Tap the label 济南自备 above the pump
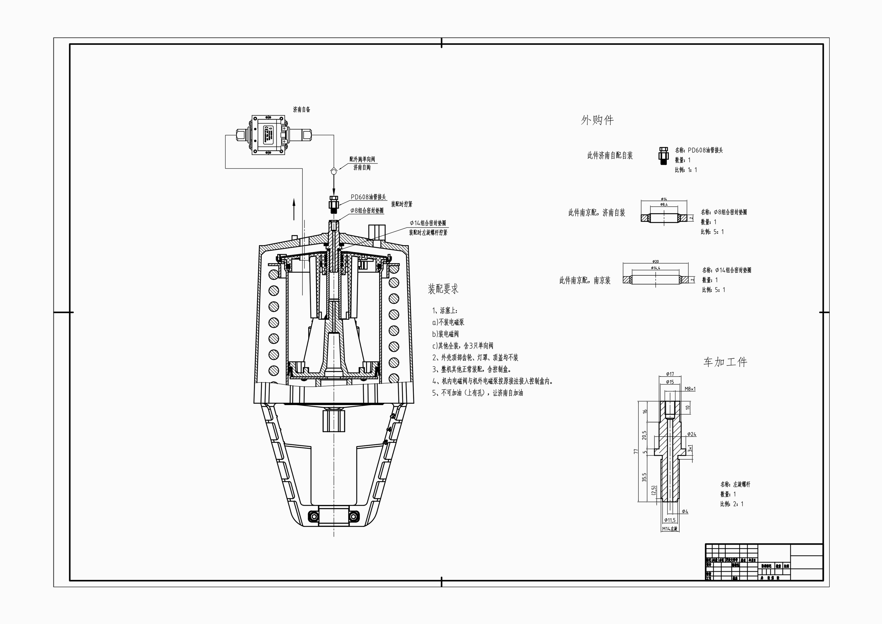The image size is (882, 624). [x=302, y=110]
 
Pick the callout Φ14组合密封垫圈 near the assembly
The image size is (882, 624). [x=428, y=223]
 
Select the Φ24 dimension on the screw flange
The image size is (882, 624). [x=691, y=434]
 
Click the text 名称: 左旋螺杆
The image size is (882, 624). [x=735, y=484]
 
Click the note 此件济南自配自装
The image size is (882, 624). [x=610, y=156]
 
